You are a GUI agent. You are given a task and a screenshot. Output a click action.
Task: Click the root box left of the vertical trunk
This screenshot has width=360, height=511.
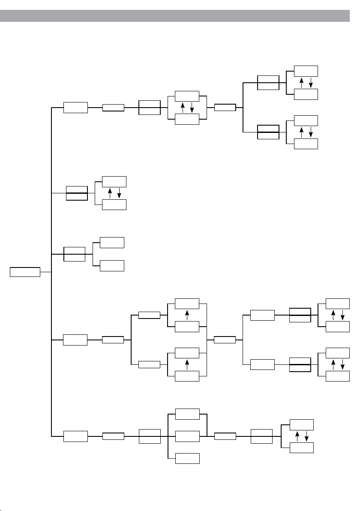pos(25,272)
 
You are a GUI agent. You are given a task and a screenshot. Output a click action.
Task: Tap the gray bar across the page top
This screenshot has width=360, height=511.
pos(180,16)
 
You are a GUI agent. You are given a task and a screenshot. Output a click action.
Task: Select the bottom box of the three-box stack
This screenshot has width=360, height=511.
pos(187,458)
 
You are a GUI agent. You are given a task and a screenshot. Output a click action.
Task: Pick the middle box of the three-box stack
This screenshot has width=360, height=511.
pos(187,436)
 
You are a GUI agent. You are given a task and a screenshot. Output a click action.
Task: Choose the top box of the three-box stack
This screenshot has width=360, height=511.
pos(187,414)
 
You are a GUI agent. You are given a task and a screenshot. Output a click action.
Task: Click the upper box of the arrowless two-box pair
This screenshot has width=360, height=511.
pos(112,242)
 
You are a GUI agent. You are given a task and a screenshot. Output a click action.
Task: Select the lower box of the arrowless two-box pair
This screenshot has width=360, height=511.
pos(112,266)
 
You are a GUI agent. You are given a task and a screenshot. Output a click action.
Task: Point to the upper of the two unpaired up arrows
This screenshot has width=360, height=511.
pos(187,315)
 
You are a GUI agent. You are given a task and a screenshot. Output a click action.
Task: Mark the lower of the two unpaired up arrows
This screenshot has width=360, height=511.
pos(187,364)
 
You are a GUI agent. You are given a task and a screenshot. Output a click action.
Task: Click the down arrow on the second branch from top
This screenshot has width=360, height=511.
pos(119,193)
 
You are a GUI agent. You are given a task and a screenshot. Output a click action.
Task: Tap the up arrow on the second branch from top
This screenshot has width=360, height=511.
pos(110,193)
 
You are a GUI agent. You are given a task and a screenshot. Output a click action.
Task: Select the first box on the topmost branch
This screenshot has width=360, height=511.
pos(75,108)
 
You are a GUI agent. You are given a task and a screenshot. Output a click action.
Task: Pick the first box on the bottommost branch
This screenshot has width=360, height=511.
pos(75,436)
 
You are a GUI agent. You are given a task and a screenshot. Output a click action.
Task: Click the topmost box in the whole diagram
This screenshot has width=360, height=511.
pos(306,71)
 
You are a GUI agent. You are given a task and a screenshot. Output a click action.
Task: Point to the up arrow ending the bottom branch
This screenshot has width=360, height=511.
pos(297,436)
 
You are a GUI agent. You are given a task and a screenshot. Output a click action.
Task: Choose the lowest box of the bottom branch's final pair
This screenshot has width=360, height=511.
pos(302,448)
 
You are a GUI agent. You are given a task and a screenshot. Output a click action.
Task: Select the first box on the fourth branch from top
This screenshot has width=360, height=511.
pos(75,340)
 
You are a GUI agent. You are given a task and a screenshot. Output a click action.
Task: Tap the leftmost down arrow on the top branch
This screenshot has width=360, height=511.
pos(192,108)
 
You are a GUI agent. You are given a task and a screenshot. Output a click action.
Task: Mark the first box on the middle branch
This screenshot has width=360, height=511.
pos(74,254)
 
